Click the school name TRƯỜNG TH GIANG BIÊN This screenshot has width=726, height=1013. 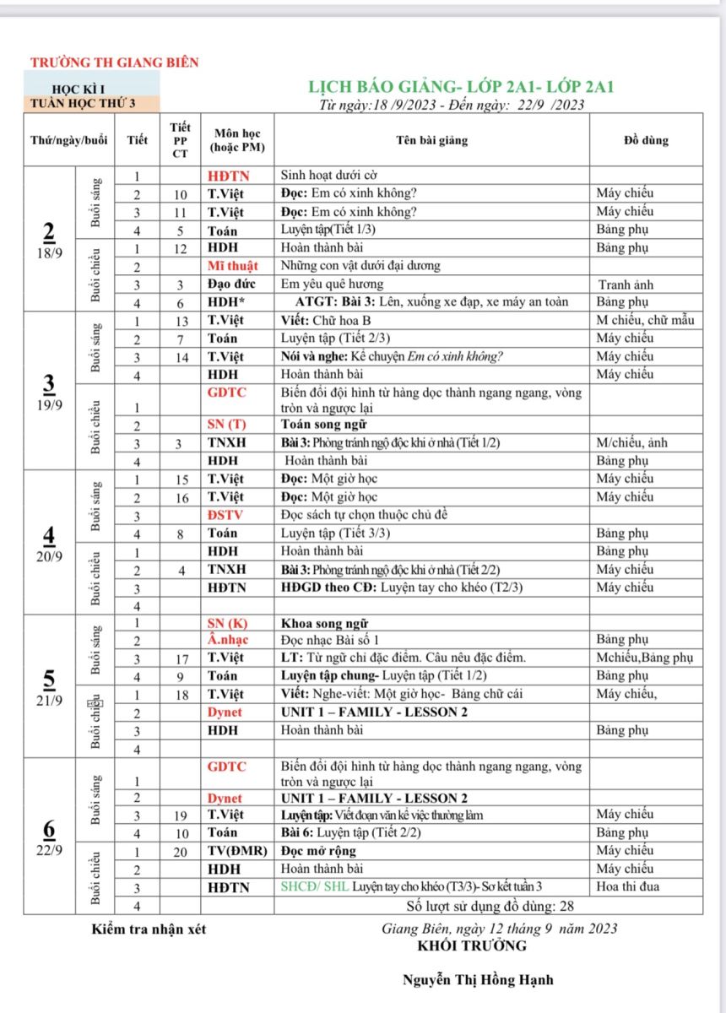(114, 62)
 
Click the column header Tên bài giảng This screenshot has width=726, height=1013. (443, 140)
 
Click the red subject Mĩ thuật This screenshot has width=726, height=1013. (232, 265)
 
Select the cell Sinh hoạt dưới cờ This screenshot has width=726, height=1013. (328, 176)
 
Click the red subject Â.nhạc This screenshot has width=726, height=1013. (228, 639)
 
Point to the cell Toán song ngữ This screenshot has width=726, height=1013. (323, 424)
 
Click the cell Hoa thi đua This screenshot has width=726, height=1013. (628, 886)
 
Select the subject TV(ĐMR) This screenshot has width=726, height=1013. (237, 850)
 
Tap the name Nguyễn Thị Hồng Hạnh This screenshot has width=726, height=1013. (478, 980)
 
